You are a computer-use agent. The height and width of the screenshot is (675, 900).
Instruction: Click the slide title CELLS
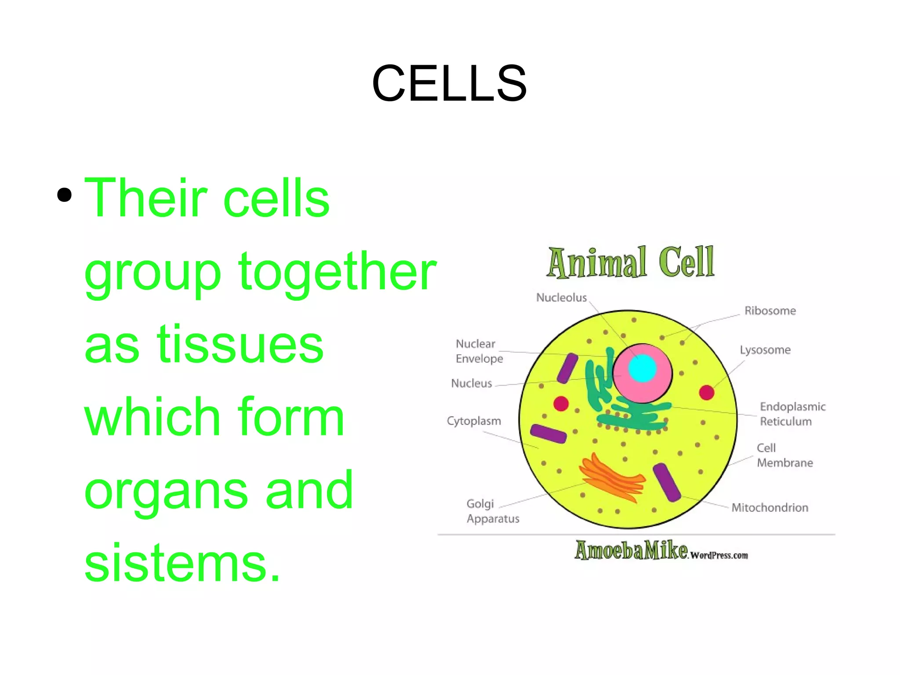click(x=449, y=84)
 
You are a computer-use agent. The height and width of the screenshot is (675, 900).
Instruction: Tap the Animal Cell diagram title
click(x=631, y=263)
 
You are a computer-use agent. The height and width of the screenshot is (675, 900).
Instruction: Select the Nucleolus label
click(x=561, y=298)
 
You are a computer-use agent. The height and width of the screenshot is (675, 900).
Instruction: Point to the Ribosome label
click(x=770, y=311)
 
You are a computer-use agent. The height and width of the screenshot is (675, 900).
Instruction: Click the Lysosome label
click(x=765, y=350)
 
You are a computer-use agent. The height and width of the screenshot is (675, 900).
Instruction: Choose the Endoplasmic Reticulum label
click(x=792, y=414)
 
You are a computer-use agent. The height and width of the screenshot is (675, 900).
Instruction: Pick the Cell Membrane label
click(x=784, y=455)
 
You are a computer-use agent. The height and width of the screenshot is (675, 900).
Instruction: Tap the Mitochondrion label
click(x=769, y=508)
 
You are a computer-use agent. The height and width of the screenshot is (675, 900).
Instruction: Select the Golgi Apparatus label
click(x=492, y=511)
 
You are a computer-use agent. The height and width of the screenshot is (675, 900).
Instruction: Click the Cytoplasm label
click(x=474, y=421)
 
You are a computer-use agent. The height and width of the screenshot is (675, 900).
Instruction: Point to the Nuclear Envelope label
click(x=479, y=351)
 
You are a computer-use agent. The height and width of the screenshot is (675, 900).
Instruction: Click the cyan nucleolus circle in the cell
click(x=642, y=369)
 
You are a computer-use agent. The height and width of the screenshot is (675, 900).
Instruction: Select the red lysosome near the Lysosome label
click(x=706, y=392)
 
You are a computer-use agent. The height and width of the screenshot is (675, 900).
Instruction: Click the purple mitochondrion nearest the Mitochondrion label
click(x=667, y=482)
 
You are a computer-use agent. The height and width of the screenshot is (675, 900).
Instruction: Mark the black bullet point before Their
click(x=65, y=195)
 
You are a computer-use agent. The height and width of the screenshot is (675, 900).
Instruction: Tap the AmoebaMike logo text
click(x=631, y=551)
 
